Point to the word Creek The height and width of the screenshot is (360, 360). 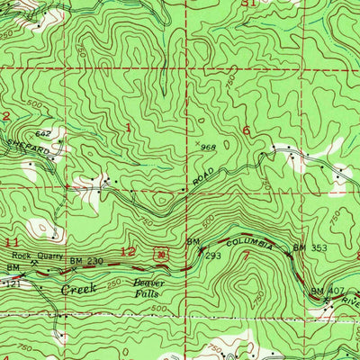[x=76, y=290]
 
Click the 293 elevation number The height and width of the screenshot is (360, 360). [x=213, y=256]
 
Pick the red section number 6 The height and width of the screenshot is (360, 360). [x=246, y=130]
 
